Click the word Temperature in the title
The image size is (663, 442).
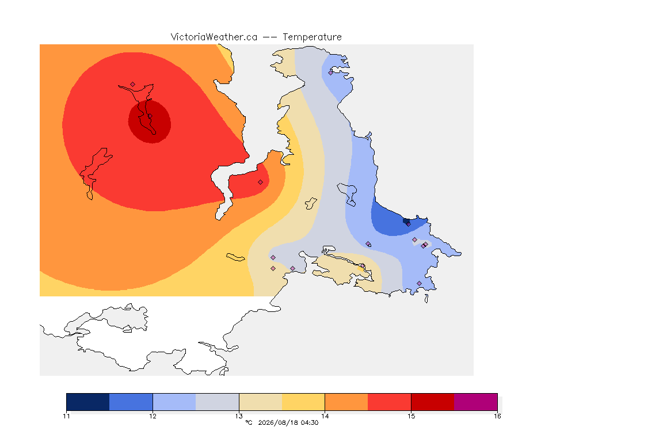312,37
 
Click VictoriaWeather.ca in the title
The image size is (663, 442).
214,37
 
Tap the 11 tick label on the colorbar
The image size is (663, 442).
66,416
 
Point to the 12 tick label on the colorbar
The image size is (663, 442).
153,416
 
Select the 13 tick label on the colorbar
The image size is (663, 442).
239,416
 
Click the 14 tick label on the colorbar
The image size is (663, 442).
325,416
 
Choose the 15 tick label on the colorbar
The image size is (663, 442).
411,416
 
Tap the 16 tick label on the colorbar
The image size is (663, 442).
497,416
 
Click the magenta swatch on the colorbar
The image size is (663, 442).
476,402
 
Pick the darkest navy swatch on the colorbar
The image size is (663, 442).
88,402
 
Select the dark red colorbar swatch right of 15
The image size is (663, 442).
433,402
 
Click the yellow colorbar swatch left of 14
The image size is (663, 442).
303,402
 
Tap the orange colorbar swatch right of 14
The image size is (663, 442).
346,402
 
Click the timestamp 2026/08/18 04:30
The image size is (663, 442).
288,422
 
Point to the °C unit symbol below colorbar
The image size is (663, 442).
249,422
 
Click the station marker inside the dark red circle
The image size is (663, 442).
150,116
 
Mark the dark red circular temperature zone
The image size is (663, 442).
150,122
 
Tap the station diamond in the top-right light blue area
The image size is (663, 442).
331,73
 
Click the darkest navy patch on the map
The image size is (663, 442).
406,221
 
